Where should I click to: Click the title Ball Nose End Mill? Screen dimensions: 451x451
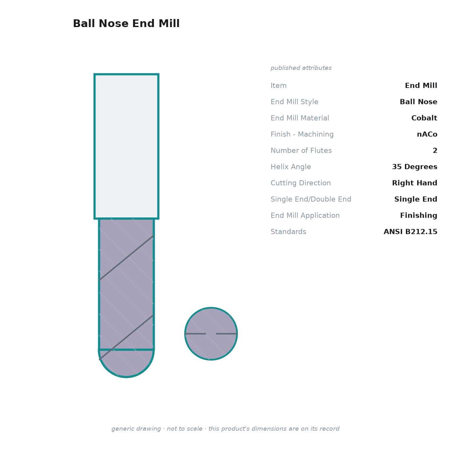(126, 24)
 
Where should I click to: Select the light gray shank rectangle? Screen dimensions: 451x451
(126, 147)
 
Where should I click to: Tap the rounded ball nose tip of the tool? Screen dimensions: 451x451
(126, 363)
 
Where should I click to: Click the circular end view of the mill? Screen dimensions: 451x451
(211, 334)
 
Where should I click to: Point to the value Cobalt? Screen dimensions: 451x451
(424, 118)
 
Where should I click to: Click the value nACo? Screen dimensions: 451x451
(427, 134)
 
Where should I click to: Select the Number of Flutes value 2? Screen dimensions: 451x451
(435, 150)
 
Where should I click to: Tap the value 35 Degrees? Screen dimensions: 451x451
(415, 167)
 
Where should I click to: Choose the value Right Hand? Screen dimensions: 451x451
(415, 183)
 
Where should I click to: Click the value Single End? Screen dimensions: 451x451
(416, 199)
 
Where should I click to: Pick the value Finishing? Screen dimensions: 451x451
(418, 216)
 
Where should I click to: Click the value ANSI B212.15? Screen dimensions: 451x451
(410, 232)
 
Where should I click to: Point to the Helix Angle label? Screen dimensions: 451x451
(291, 167)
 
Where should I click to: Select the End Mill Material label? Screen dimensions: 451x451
(300, 118)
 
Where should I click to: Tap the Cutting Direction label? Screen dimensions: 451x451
(301, 183)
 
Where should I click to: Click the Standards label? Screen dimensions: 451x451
(288, 232)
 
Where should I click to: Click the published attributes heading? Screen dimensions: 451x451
(301, 68)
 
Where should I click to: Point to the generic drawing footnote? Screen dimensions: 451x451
(225, 429)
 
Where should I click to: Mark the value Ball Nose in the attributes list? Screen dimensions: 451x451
(418, 102)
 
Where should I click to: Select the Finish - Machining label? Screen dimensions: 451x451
(302, 134)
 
